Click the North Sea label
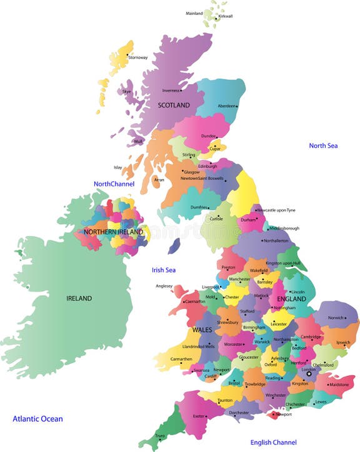[323, 145]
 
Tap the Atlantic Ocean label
[37, 419]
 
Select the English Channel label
[274, 443]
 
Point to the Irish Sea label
[164, 270]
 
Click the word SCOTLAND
[174, 106]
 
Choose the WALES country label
[202, 329]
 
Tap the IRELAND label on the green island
[79, 298]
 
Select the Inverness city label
[171, 91]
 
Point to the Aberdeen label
[226, 106]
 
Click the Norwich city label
[336, 318]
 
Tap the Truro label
[161, 436]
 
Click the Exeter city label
[199, 416]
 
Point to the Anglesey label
[164, 286]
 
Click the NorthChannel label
[114, 184]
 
